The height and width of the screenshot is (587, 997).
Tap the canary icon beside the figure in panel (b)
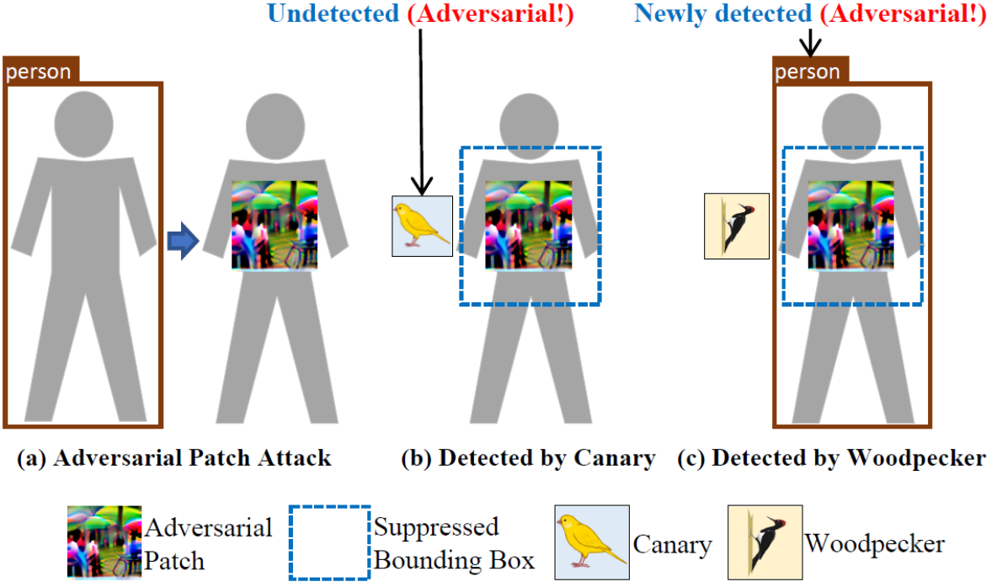point(423,225)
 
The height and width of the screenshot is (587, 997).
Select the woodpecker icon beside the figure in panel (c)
point(736,225)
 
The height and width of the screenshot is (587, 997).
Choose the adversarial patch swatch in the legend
point(104,542)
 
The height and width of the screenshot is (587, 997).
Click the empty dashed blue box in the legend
point(329,542)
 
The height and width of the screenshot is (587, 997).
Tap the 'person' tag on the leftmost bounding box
point(40,72)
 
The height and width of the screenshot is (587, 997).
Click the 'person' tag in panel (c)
point(808,72)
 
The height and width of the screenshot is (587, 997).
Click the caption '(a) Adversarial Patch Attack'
point(174,459)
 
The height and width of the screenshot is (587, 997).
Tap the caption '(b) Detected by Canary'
point(527,459)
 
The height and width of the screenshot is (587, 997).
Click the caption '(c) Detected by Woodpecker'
point(831,459)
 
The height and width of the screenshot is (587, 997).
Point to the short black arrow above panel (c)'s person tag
point(808,42)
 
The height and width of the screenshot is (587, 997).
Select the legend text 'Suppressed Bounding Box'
point(453,543)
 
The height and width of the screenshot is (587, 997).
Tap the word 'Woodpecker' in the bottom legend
point(874,543)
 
